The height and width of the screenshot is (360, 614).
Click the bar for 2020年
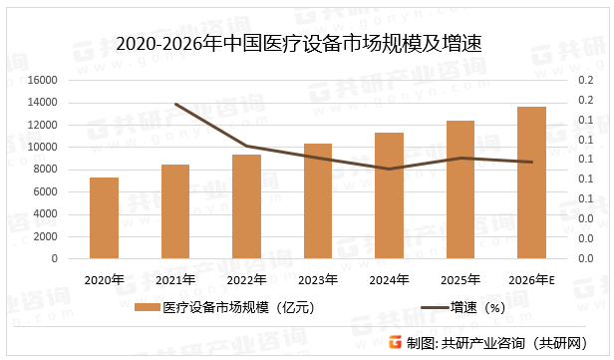[104, 218]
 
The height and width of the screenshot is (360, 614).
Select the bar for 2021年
[175, 211]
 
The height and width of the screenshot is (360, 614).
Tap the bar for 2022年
[246, 206]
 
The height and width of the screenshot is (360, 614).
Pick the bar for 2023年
[318, 200]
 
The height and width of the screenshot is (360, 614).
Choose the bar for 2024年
[389, 195]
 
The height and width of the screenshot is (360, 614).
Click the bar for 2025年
[460, 189]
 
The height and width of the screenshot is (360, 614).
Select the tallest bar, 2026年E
[531, 182]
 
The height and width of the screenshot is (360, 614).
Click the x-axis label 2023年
[318, 279]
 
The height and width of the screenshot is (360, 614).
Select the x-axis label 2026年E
[531, 279]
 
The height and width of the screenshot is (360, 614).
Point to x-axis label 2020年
[104, 279]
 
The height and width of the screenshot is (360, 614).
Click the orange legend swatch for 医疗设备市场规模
[147, 308]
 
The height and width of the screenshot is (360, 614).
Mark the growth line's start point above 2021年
[175, 104]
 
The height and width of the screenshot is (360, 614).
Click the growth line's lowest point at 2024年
[389, 169]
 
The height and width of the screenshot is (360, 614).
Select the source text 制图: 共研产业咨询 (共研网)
[498, 343]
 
